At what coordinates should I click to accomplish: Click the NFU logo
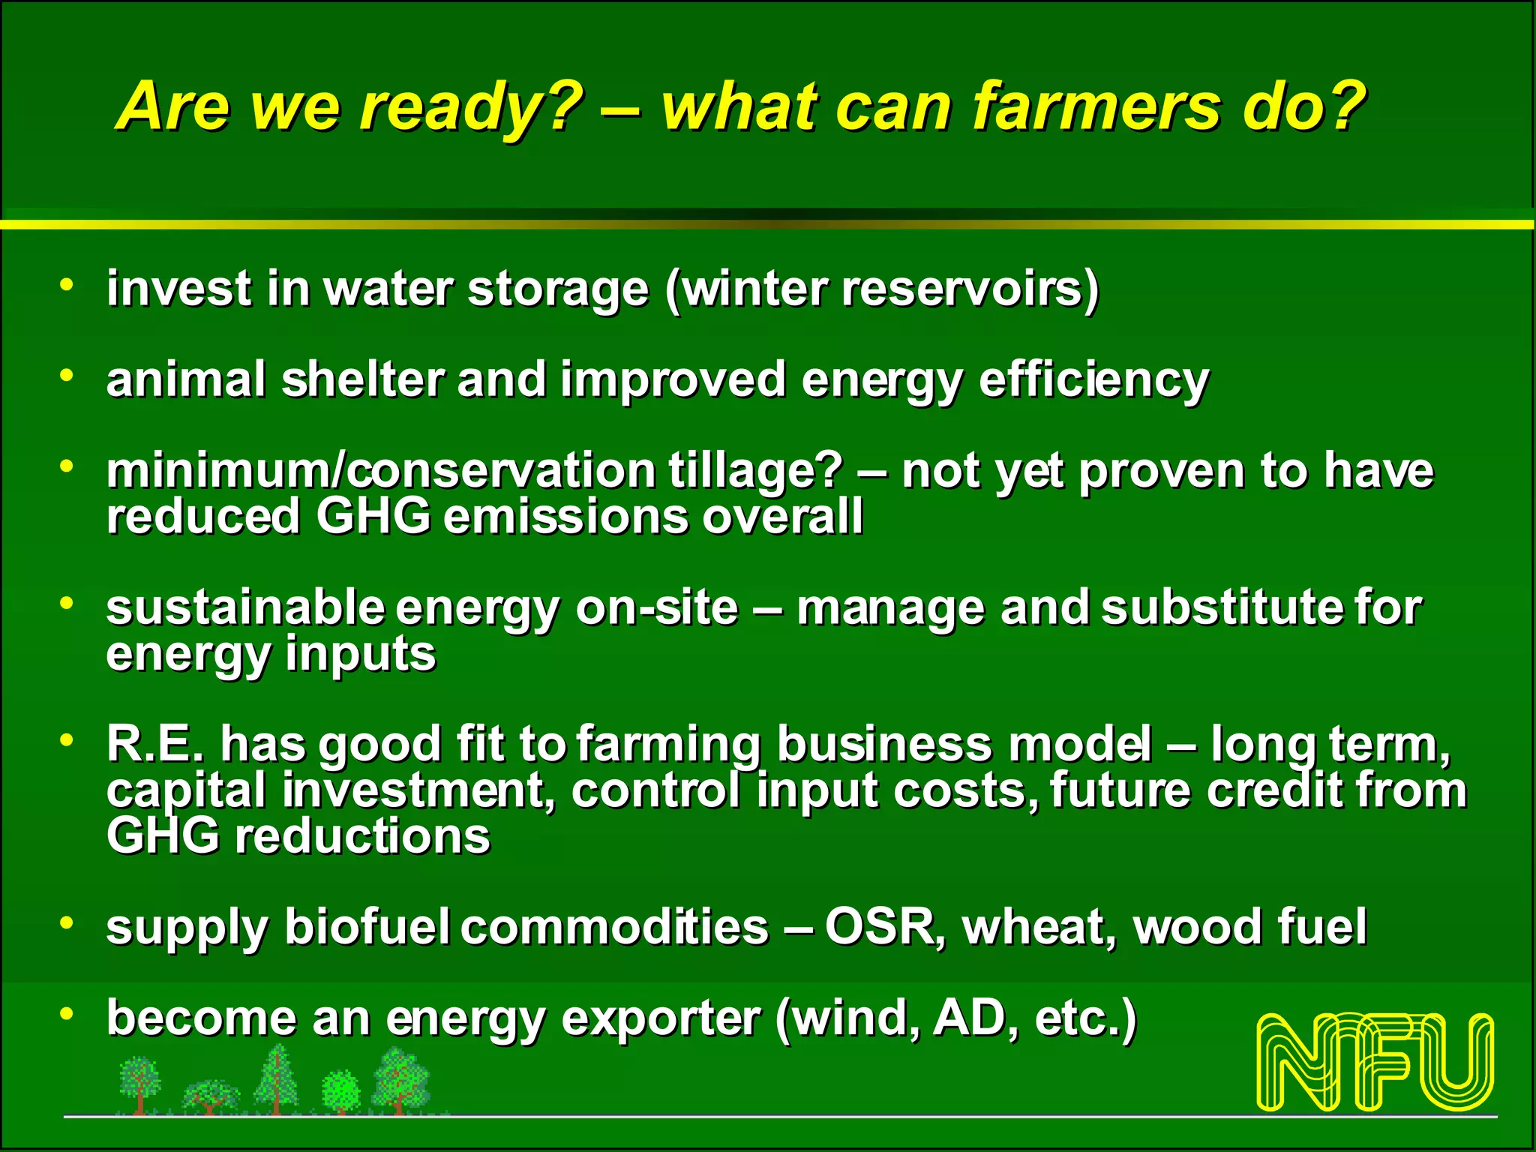[1375, 1061]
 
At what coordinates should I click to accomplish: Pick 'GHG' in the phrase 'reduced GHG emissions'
[373, 517]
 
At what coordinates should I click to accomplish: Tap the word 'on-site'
[657, 607]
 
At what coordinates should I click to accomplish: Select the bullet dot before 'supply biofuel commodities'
[67, 922]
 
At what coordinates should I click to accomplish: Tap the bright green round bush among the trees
[341, 1089]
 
